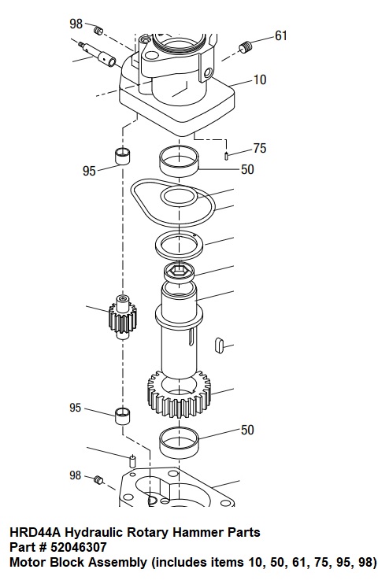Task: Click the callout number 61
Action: pos(281,35)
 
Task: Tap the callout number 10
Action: pos(260,79)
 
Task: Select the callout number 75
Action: pos(260,148)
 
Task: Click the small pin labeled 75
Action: pos(226,155)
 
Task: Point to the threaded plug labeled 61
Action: pos(245,48)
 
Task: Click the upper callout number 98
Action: pos(76,24)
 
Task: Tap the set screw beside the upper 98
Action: pos(98,31)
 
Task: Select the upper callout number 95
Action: pos(89,171)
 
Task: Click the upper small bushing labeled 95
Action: pos(122,156)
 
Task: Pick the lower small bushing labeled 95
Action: pos(122,416)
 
